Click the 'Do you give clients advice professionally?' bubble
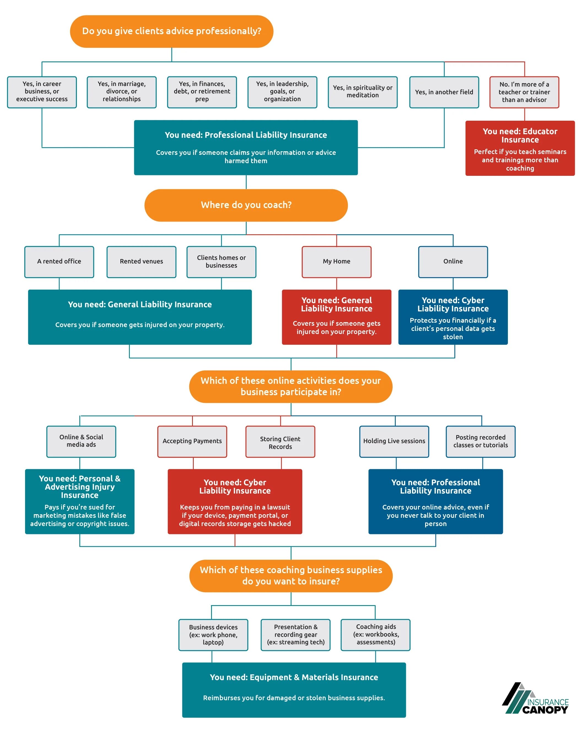point(171,31)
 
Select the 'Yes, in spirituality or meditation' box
point(362,92)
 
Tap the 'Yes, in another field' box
point(444,92)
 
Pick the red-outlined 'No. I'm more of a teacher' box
point(524,92)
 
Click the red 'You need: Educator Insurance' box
point(519,148)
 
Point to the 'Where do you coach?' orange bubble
point(246,205)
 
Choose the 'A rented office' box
point(59,262)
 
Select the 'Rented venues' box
point(141,262)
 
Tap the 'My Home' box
point(336,262)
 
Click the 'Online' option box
point(452,262)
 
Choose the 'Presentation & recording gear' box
point(295,634)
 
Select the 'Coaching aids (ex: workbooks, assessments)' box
point(375,634)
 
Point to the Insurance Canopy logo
point(535,698)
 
